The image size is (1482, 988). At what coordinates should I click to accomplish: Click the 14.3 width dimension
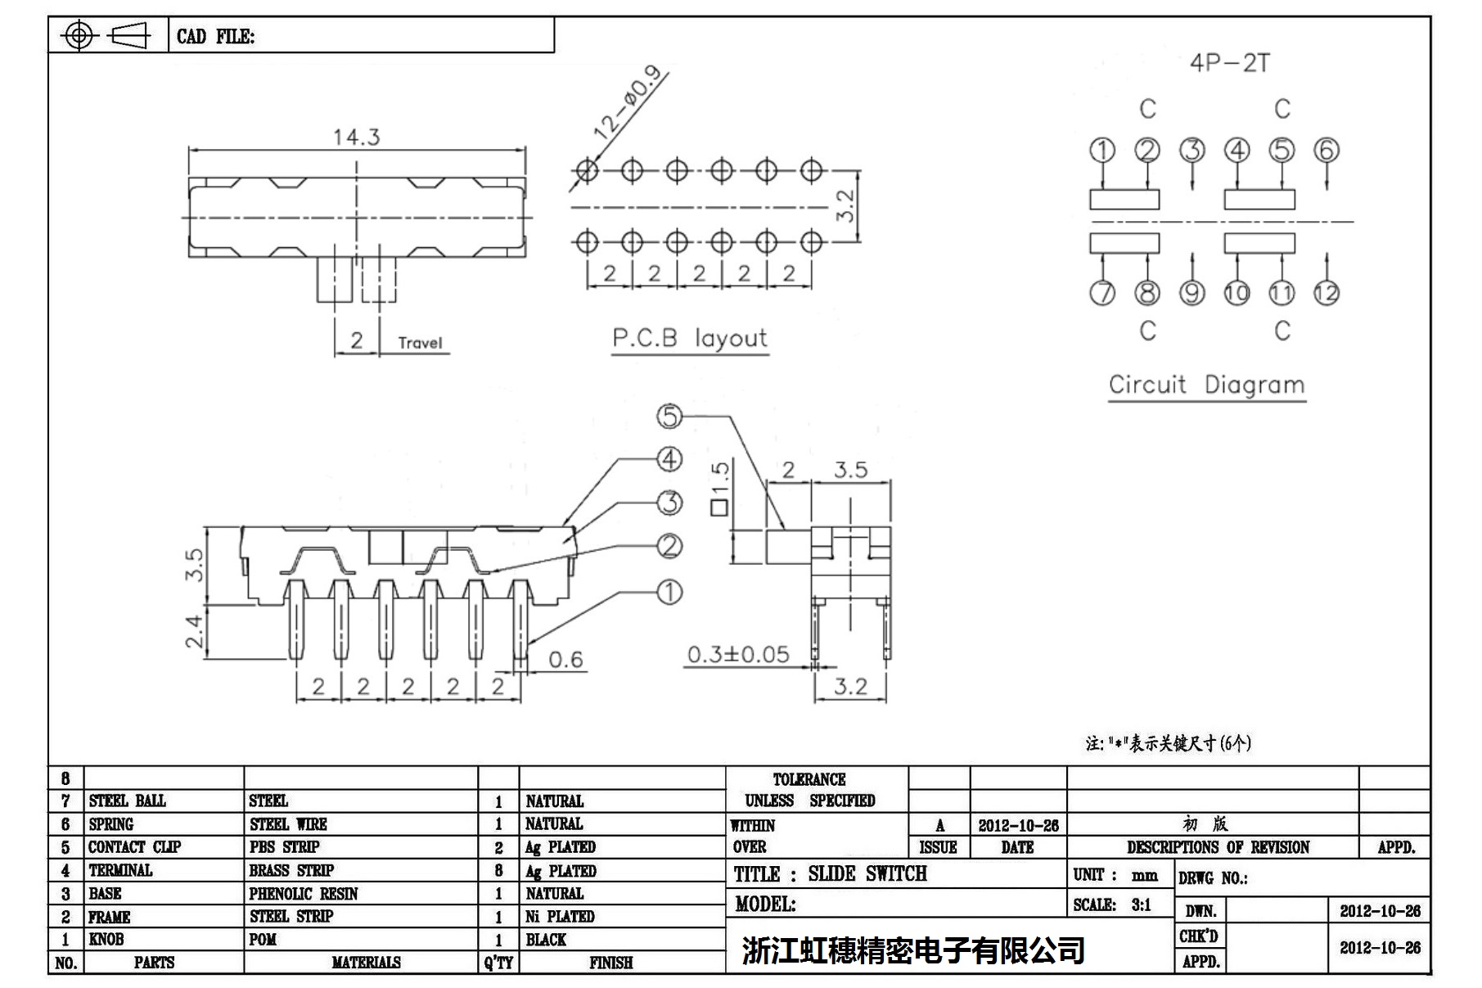pos(356,137)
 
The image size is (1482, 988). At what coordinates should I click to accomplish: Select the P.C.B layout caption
pos(690,338)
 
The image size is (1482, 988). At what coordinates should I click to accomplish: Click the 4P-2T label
pos(1229,63)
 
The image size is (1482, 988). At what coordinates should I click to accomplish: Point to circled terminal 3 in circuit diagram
pos(1192,151)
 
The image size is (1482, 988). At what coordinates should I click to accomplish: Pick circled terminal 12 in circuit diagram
pos(1327,293)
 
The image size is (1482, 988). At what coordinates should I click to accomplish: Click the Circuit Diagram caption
pos(1206,385)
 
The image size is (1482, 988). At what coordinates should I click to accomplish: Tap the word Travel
pos(420,343)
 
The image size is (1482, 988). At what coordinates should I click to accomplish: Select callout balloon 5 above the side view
pos(669,417)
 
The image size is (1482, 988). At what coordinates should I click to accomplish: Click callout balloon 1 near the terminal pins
pos(669,592)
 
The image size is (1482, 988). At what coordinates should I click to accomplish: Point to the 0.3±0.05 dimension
pos(738,654)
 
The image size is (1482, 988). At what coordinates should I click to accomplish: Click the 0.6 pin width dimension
pos(565,660)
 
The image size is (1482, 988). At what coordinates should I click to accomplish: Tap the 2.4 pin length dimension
pos(193,631)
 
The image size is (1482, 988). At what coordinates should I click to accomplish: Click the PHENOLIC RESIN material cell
pos(304,894)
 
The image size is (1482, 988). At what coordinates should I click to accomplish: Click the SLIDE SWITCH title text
pos(867,874)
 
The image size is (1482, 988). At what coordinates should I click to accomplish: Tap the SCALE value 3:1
pos(1141,905)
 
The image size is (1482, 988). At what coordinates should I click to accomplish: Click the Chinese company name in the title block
pos(913,950)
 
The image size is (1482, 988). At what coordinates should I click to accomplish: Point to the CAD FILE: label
pos(215,37)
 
